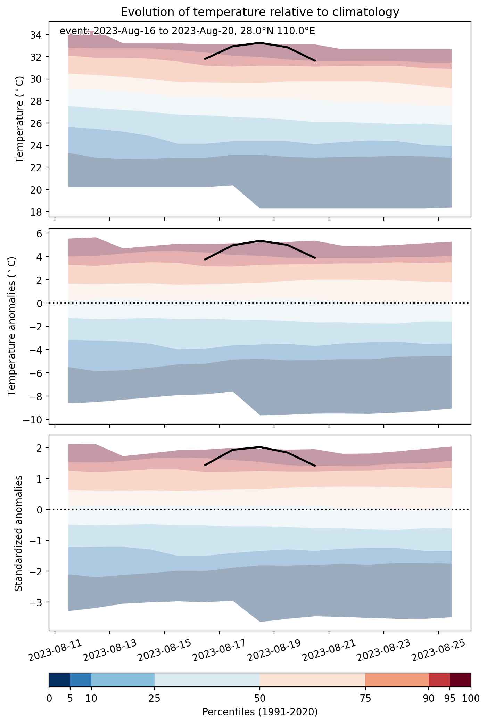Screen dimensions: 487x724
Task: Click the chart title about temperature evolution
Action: [260, 12]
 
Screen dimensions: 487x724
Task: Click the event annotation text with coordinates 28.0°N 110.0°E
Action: [187, 31]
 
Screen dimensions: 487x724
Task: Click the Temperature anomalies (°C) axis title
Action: [12, 326]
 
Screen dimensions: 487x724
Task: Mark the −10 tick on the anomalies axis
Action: [33, 420]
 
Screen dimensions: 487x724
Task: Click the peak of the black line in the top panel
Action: [260, 43]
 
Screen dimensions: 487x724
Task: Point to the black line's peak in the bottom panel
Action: [260, 447]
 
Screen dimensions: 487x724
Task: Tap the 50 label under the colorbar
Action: [260, 699]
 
